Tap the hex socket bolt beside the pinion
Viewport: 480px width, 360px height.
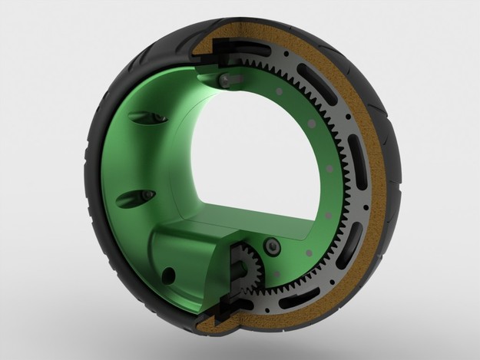coord(273,246)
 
